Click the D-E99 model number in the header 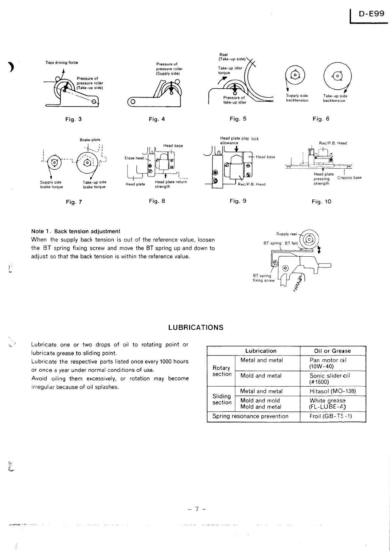(371, 14)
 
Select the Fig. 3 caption (73, 119)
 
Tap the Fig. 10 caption (322, 202)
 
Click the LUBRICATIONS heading (196, 328)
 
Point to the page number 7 (197, 509)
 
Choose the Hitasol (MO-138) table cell (333, 391)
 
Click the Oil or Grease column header (332, 351)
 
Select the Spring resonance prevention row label (250, 416)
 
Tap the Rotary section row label (222, 371)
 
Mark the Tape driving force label (62, 63)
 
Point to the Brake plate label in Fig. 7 (90, 140)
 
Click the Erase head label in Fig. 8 (134, 158)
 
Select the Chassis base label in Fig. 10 (349, 178)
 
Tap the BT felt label (291, 243)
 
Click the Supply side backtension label (297, 98)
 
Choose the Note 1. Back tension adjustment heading (76, 231)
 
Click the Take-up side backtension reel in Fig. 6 (338, 76)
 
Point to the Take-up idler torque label (230, 70)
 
